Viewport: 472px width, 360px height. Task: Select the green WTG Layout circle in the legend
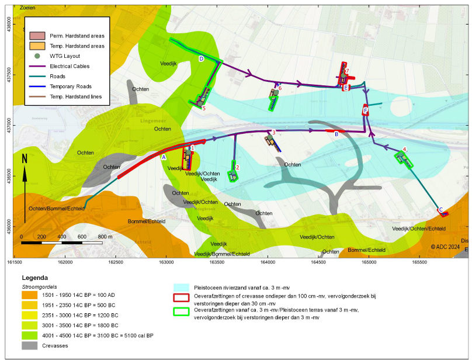37,56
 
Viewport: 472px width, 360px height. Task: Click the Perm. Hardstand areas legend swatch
37,36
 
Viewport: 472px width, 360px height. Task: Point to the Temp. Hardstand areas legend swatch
37,46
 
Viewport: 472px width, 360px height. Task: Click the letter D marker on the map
201,59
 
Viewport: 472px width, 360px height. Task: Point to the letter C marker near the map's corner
440,210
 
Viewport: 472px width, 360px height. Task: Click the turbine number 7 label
347,72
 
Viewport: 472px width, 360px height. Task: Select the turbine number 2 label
238,167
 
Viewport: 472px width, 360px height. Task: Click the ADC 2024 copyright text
446,247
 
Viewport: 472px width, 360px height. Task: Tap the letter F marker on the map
366,110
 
